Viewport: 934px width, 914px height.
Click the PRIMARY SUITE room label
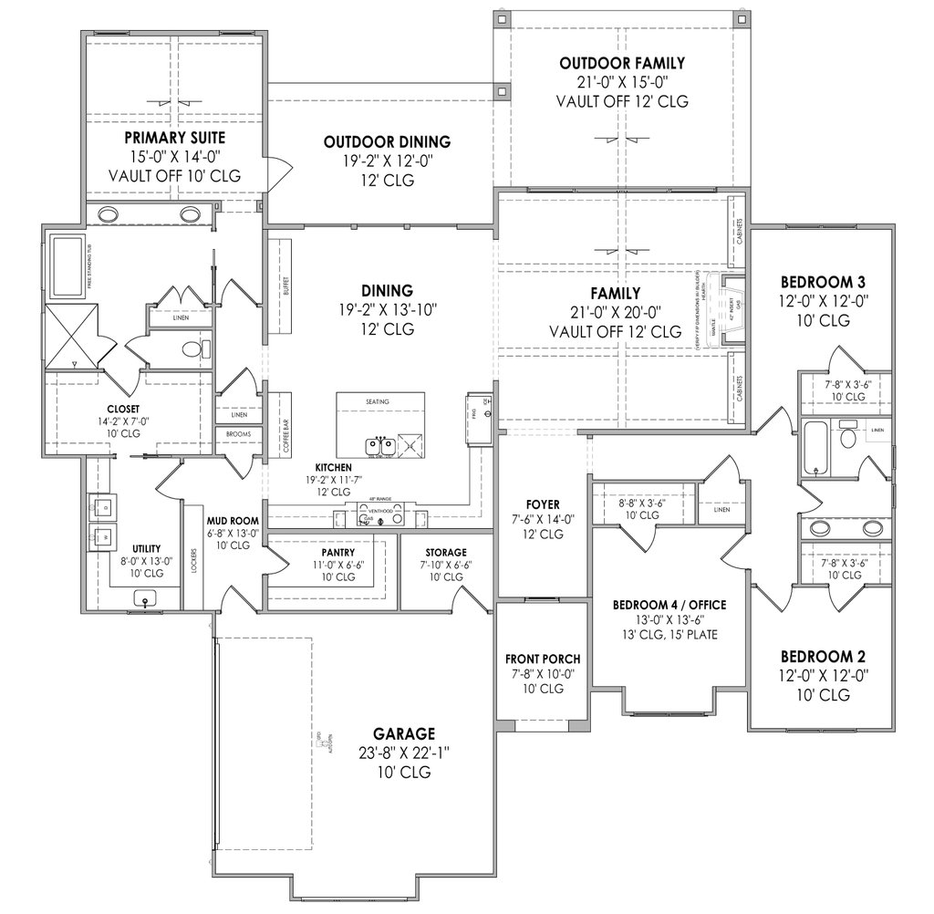point(175,138)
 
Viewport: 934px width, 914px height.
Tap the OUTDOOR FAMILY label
point(622,63)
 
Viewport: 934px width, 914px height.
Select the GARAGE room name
point(404,732)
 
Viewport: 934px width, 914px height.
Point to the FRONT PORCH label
point(543,659)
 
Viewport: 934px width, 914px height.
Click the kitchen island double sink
point(382,447)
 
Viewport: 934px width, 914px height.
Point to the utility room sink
point(147,598)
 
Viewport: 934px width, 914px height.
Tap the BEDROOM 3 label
point(823,281)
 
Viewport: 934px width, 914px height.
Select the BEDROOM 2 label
point(823,656)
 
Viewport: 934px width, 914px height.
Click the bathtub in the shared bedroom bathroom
point(815,447)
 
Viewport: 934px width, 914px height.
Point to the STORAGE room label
point(446,552)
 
